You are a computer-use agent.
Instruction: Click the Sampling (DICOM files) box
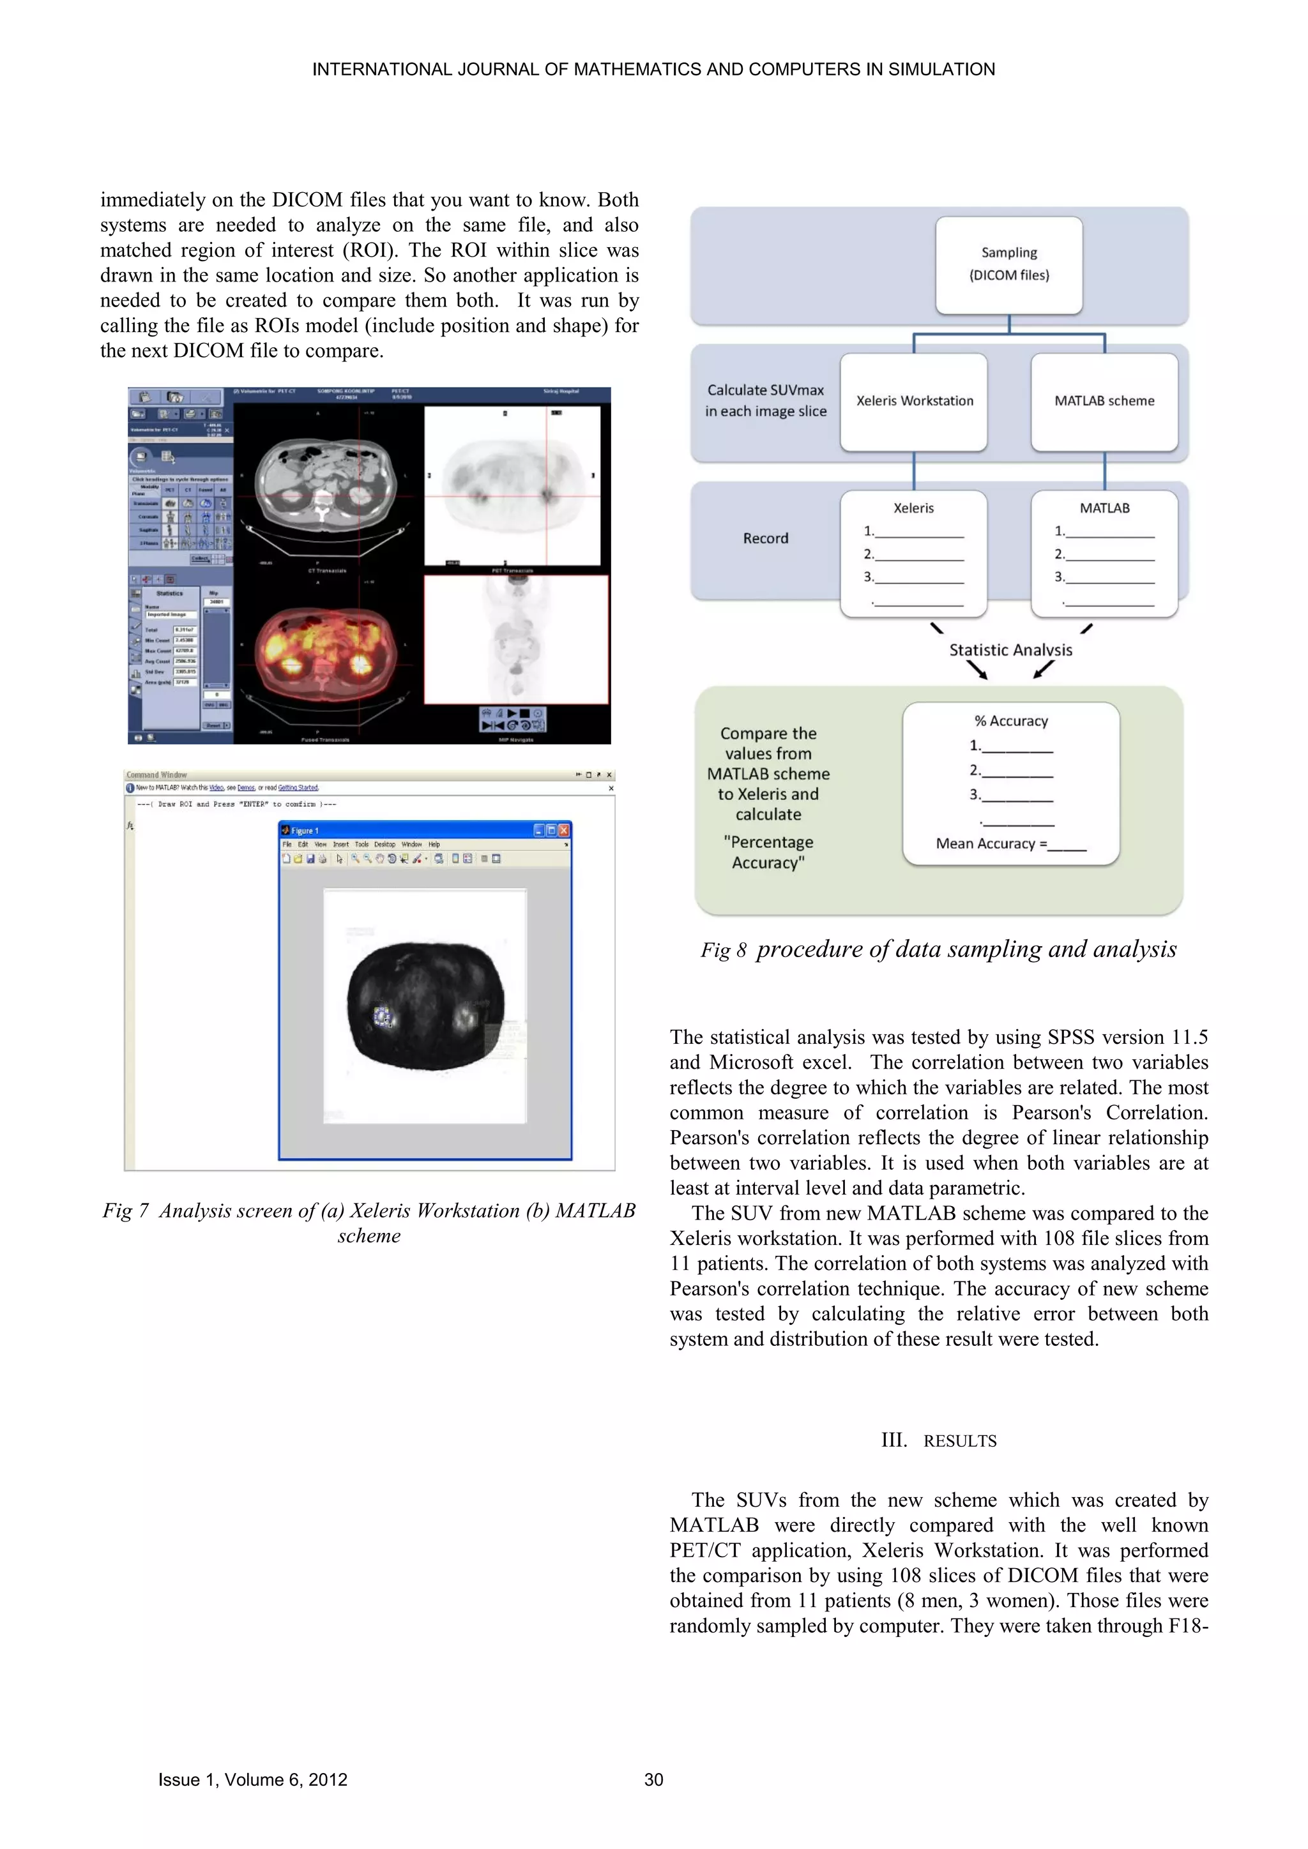coord(1008,264)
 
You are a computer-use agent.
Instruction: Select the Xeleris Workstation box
coord(913,401)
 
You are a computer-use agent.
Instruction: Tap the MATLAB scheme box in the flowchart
coord(1104,401)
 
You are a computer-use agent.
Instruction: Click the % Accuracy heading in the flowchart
coord(1011,721)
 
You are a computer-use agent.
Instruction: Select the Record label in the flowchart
coord(765,538)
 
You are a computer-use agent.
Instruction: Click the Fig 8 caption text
coord(938,949)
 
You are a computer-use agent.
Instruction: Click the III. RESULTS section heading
coord(938,1441)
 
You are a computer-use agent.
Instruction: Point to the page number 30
coord(653,1780)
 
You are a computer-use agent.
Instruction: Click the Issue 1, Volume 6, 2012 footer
coord(252,1780)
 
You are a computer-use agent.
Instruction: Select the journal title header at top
coord(653,69)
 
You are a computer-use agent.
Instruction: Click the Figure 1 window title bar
coord(411,830)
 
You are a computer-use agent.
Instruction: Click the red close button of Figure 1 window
coord(564,830)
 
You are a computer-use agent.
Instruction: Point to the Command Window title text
coord(156,774)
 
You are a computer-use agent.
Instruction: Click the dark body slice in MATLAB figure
coord(425,1007)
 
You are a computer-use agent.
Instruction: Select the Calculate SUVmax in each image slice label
coord(765,400)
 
